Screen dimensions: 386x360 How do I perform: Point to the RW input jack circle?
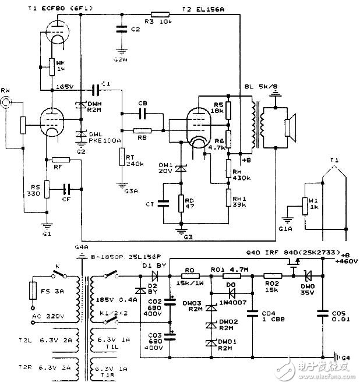coord(6,102)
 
